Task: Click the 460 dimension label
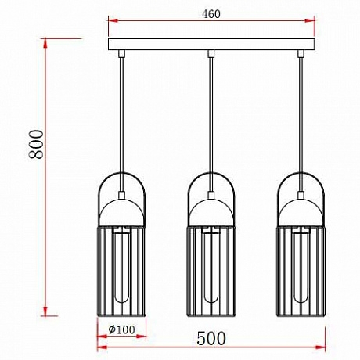211,14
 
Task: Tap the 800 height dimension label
36,144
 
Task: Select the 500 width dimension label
211,338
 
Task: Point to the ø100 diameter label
121,329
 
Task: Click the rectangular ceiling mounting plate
211,44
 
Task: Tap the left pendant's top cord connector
121,53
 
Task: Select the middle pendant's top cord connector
211,53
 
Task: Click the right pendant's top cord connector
301,53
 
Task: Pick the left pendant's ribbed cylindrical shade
121,272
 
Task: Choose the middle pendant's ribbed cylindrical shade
211,272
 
